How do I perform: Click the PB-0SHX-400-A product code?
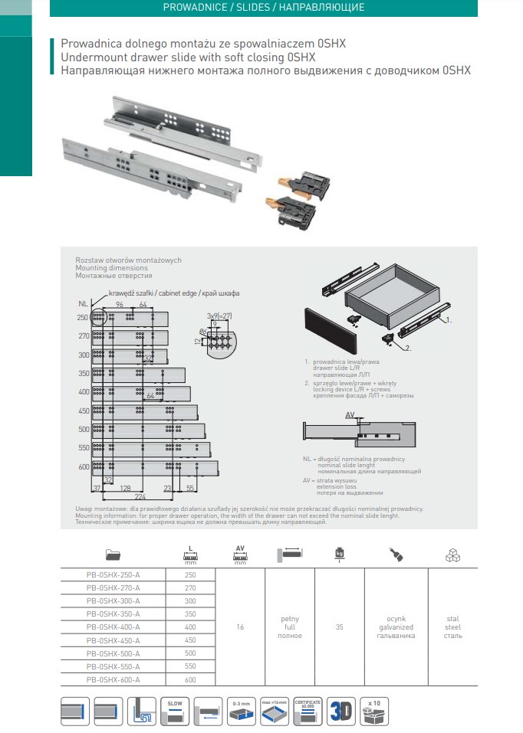coord(113,627)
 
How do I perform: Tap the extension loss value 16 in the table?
coord(240,627)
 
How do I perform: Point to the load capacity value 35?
coord(340,627)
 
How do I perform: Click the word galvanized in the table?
coord(395,627)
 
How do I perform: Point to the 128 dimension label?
coord(125,487)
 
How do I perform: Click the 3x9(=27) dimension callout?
coord(219,316)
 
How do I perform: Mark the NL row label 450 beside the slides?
coord(83,410)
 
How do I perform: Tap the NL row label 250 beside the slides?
coord(83,317)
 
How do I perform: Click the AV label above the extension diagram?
coord(350,414)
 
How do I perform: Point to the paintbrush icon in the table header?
coord(395,554)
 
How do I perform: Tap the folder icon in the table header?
coord(113,555)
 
